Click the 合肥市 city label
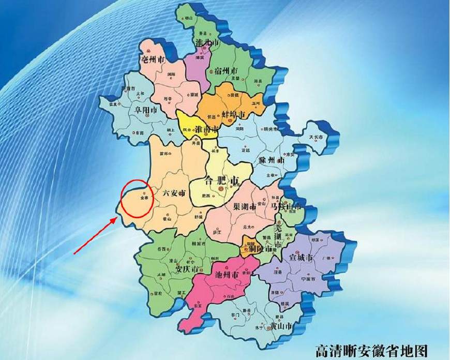pyautogui.click(x=222, y=181)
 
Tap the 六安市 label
pyautogui.click(x=174, y=192)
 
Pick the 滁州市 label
pyautogui.click(x=274, y=160)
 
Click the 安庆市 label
pyautogui.click(x=187, y=269)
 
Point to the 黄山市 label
pyautogui.click(x=281, y=326)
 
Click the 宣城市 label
pyautogui.click(x=302, y=257)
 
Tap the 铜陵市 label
pyautogui.click(x=259, y=249)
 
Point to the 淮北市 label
pyautogui.click(x=207, y=41)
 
